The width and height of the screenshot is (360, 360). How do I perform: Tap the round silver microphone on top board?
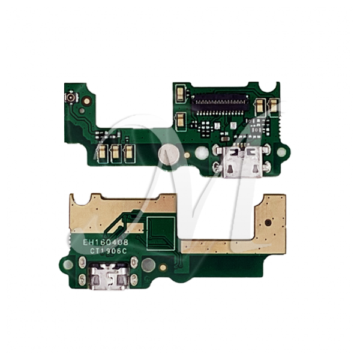pyautogui.click(x=169, y=154)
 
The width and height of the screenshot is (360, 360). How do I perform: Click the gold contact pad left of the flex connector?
pyautogui.click(x=180, y=92)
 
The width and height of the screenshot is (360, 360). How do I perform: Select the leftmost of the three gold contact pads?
pyautogui.click(x=102, y=152)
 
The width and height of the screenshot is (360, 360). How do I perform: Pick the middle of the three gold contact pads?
pyautogui.click(x=115, y=152)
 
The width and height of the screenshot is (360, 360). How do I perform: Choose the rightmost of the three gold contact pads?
pyautogui.click(x=128, y=152)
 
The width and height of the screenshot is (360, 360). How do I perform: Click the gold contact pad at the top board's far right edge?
pyautogui.click(x=273, y=106)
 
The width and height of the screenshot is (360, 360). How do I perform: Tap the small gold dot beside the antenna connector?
pyautogui.click(x=86, y=101)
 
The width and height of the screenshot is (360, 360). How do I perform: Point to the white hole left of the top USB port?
pyautogui.click(x=202, y=153)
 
